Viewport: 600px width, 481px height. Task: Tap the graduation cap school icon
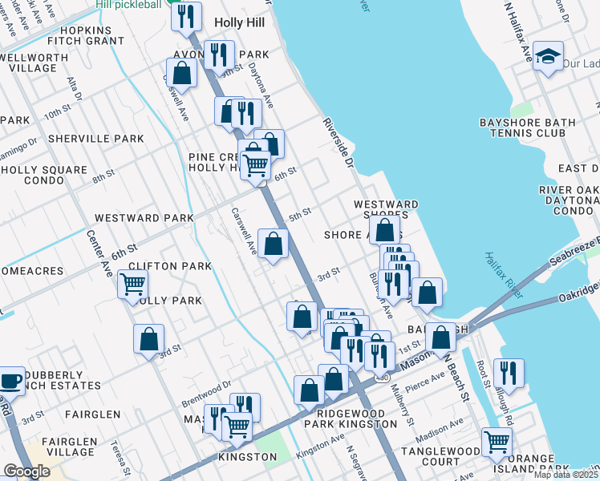click(548, 57)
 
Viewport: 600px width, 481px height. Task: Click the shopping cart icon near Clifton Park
click(132, 284)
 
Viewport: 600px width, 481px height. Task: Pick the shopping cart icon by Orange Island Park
click(497, 440)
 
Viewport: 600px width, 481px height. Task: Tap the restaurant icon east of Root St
click(509, 373)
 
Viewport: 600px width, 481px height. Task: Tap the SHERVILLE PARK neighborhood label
click(95, 139)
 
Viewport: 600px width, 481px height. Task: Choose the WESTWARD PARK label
click(144, 218)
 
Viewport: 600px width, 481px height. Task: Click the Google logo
click(26, 471)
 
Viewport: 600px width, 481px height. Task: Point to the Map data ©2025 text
click(566, 475)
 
